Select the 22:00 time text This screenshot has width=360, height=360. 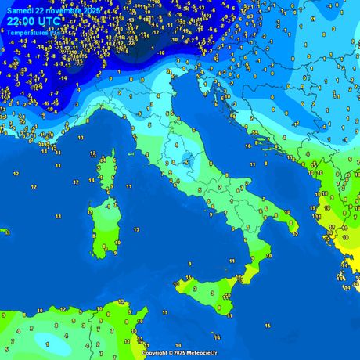(22, 23)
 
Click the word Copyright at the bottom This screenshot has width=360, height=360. (156, 353)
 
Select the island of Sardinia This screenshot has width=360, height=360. (103, 223)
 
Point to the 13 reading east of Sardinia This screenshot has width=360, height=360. (136, 229)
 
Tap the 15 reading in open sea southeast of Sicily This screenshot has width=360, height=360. (267, 325)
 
